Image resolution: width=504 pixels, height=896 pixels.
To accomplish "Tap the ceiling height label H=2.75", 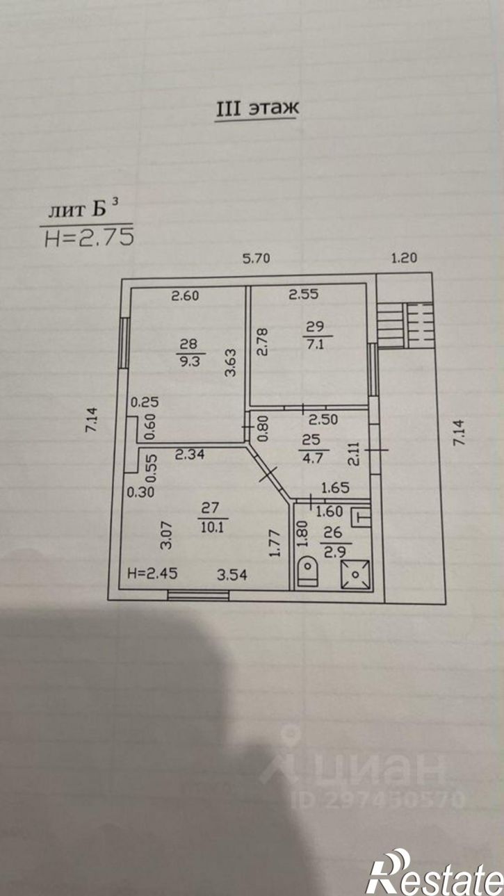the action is pos(89,238).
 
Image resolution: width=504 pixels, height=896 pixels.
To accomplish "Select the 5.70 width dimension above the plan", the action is pos(257,258).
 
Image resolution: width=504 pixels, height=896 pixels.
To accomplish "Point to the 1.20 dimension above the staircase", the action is pos(404,258).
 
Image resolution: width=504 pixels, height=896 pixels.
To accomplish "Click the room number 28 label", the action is pos(187,343).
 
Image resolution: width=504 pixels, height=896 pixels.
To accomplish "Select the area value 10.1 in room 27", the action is pos(212,526).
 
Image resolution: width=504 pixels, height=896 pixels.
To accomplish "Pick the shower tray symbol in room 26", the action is pos(355,574).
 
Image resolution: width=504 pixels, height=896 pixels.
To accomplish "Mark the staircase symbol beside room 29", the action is pos(405,325).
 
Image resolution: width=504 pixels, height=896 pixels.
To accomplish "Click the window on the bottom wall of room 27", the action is pos(198,595).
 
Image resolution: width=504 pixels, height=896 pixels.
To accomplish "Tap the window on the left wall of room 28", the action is pos(124,343).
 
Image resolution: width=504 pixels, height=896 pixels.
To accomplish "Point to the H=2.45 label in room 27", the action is pos(152,573).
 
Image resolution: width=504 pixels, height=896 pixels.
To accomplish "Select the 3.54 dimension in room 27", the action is pos(232,575).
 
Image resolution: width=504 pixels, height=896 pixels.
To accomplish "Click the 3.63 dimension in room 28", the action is pos(230,363).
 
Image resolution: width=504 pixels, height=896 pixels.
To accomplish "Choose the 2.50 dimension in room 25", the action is pos(323,419).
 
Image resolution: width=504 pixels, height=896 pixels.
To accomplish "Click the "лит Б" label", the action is pos(78,210).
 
